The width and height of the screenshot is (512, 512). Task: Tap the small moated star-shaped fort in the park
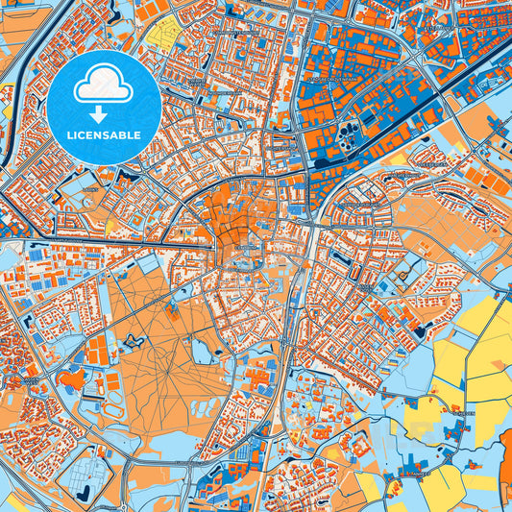[x=134, y=339]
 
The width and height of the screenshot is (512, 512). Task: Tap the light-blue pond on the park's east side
[x=203, y=351]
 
